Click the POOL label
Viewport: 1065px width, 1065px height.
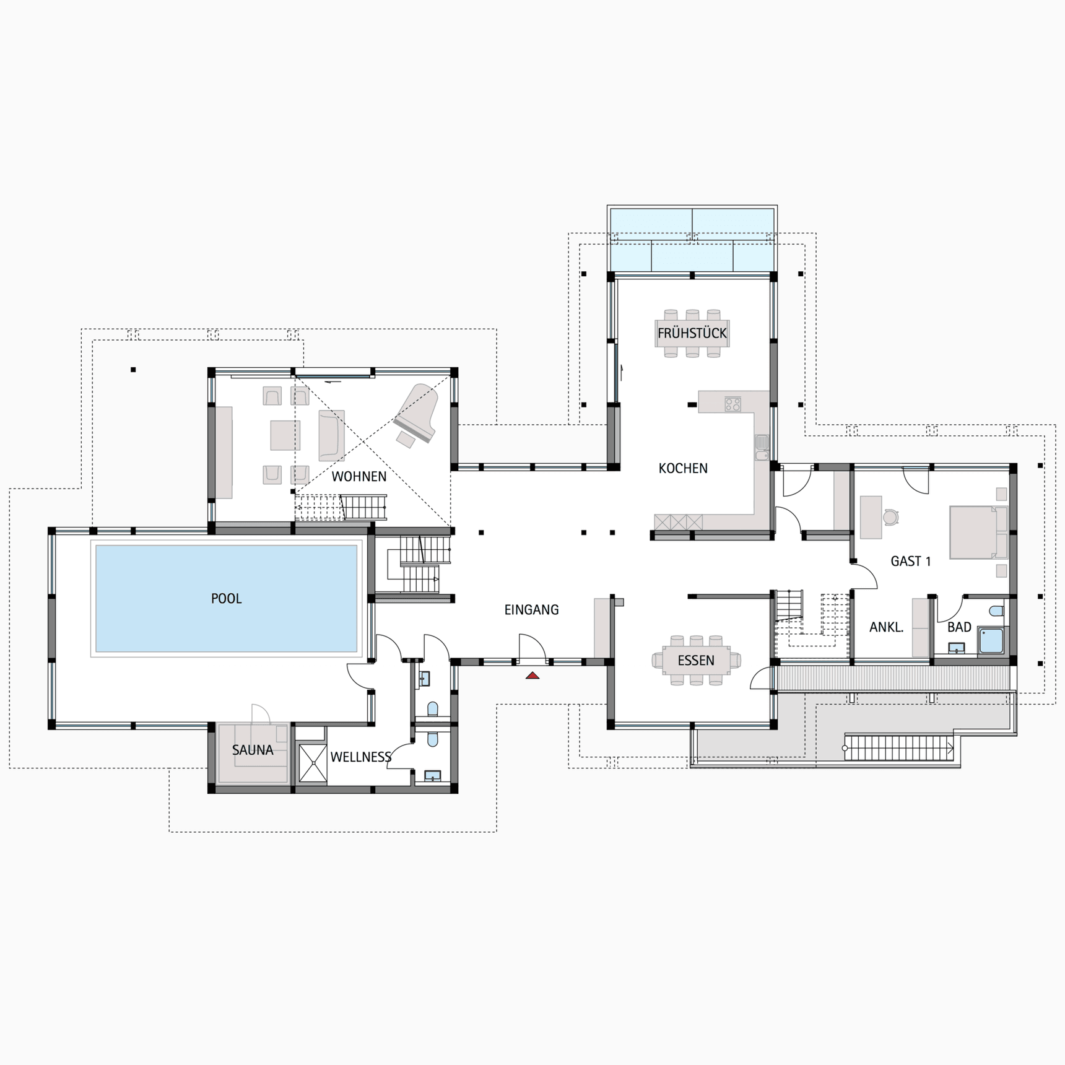226,599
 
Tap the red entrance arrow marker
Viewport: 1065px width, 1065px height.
532,676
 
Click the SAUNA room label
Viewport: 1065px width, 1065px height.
253,750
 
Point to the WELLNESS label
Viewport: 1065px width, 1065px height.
361,757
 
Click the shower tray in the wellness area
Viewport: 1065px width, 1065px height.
313,763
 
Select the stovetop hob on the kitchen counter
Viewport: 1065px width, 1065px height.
733,404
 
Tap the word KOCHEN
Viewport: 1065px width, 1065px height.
683,469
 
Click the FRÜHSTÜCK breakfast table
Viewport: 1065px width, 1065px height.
692,333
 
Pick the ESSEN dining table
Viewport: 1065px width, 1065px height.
696,661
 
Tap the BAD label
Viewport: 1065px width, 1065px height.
959,627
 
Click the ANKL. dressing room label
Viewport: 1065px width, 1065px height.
887,627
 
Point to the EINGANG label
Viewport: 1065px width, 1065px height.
531,610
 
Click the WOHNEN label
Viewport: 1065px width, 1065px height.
359,477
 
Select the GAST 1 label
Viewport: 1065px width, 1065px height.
911,562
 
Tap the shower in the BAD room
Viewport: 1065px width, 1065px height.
993,641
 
